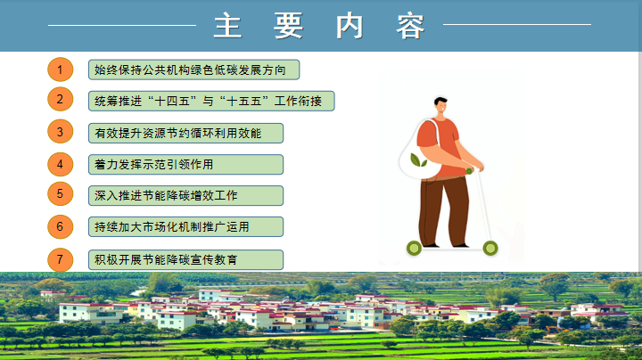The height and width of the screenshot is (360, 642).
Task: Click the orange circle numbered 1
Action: coord(61,70)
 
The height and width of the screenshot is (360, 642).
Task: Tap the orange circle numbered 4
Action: coord(61,165)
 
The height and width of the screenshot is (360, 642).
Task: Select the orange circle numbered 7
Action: coord(61,259)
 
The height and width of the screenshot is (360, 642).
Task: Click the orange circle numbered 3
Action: coord(61,131)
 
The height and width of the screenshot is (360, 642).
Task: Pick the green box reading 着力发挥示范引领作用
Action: coord(185,165)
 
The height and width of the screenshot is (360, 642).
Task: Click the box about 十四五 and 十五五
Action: coord(211,101)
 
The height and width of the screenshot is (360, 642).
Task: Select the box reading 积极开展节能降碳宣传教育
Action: coord(185,260)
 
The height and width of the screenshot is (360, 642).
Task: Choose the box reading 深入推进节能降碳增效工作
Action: coord(185,195)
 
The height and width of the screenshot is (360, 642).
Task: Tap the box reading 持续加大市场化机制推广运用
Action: coord(185,226)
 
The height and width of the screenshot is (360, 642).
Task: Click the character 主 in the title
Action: coord(227,25)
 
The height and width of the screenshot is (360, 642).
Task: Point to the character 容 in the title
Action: coord(410,25)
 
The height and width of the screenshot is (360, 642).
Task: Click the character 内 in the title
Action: coord(350,25)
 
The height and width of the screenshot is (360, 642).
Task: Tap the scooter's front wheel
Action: coord(490,248)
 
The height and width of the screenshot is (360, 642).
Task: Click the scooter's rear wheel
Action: coord(414,248)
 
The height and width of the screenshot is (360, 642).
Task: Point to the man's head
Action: coord(441,106)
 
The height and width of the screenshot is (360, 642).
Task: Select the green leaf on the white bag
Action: coord(418,160)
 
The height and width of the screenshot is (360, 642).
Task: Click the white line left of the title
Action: coord(122,25)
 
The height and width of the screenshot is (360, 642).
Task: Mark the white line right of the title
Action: coord(517,25)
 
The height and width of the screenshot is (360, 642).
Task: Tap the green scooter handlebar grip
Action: coord(469,171)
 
